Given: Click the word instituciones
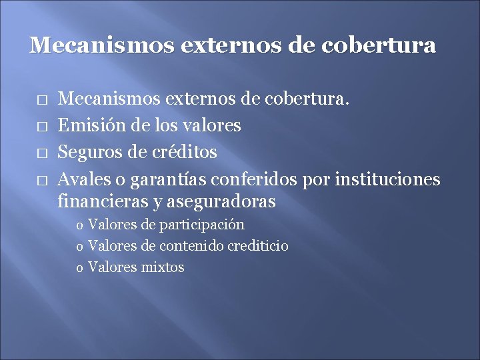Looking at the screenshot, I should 387,179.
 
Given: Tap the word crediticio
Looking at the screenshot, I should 258,246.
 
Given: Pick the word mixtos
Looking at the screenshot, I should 163,267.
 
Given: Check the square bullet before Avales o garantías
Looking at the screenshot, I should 41,180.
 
